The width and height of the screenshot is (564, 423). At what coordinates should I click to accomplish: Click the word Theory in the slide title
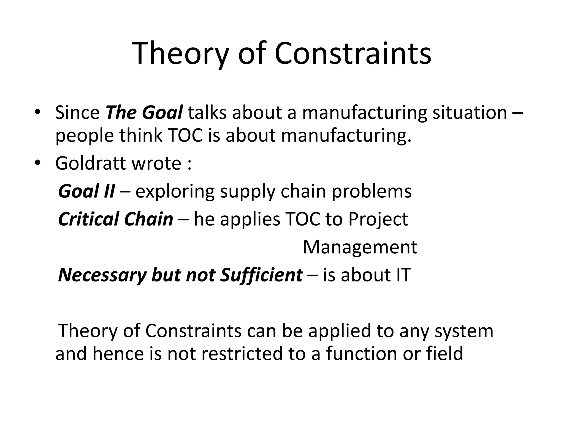coord(180,54)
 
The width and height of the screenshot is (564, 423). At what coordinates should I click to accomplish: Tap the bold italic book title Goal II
coord(86,191)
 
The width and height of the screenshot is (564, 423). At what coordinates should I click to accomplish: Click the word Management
coord(360,247)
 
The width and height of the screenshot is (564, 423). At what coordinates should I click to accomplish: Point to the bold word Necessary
coord(102,275)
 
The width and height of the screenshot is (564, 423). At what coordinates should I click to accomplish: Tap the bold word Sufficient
coord(261,275)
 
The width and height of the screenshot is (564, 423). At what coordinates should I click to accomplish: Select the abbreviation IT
coord(403,275)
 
